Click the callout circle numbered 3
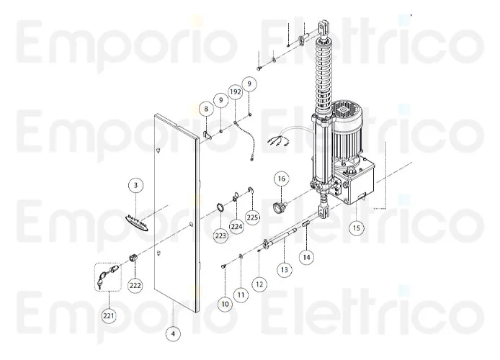tap(136, 185)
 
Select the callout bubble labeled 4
tap(173, 334)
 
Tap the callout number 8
tap(206, 109)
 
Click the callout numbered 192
tap(236, 92)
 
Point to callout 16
tap(282, 179)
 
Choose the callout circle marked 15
tap(357, 228)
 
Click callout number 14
tap(306, 257)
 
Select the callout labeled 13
tap(284, 270)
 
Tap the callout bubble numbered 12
tap(259, 284)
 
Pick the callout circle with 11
tap(241, 295)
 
